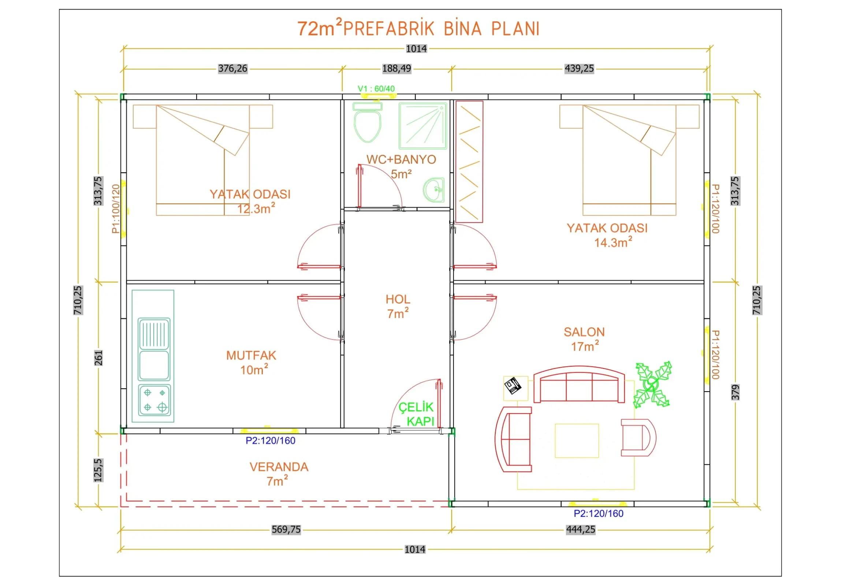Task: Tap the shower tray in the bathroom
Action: [423, 126]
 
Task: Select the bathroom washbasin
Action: [434, 190]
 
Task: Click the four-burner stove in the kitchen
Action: [154, 400]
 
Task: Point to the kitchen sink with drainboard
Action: [154, 349]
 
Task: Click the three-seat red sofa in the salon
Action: [579, 384]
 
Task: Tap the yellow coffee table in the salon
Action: [577, 441]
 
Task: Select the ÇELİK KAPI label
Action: [416, 414]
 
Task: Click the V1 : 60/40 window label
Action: [376, 89]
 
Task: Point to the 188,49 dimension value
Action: [396, 68]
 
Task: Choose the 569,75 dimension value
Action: [286, 530]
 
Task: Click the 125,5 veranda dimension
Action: [98, 470]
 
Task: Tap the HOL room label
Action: [398, 300]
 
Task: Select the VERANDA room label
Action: [279, 467]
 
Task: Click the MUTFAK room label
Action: [251, 355]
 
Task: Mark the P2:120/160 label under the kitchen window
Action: [271, 441]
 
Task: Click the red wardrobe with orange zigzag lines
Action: [469, 162]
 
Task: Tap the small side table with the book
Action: [515, 388]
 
